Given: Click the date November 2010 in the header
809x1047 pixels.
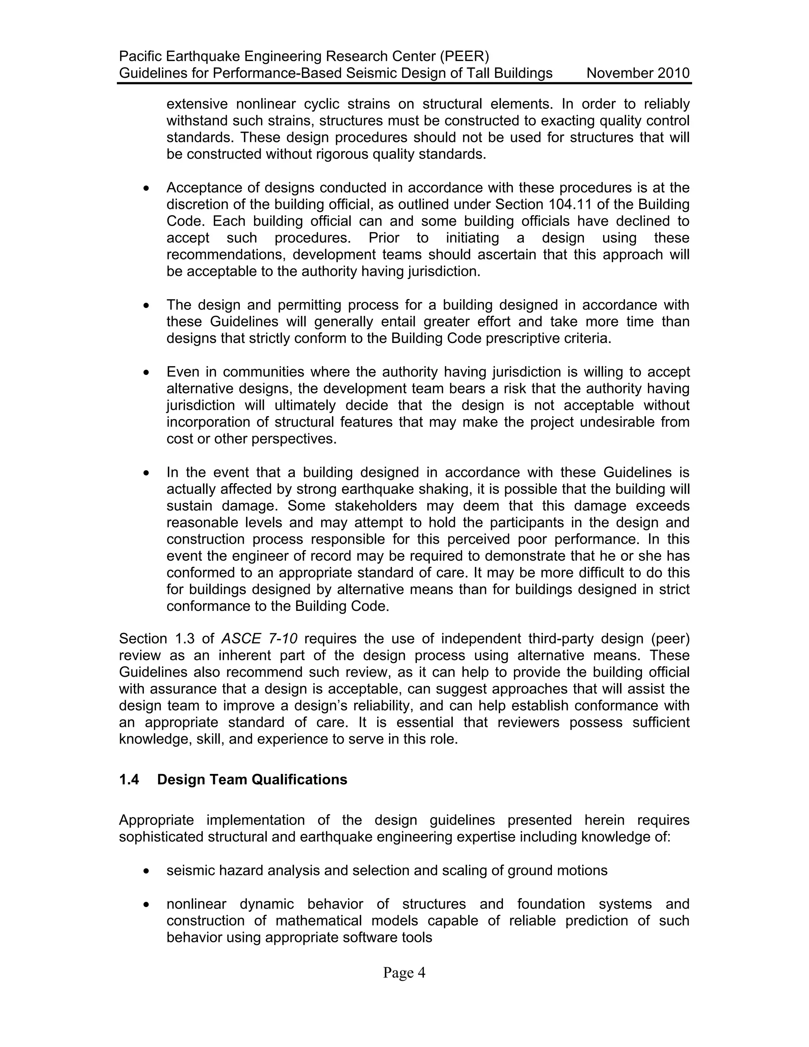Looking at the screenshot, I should click(638, 73).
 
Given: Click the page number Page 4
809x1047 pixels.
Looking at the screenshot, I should click(404, 973).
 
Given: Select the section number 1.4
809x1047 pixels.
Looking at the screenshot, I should click(129, 780).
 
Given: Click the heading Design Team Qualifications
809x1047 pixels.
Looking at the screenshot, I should click(252, 780).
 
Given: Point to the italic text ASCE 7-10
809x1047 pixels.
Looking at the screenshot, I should click(259, 638).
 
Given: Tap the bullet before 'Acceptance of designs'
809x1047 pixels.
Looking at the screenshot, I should click(147, 188).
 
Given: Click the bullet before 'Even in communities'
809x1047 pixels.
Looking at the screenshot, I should click(147, 373).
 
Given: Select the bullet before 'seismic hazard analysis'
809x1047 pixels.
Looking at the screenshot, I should click(147, 870).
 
